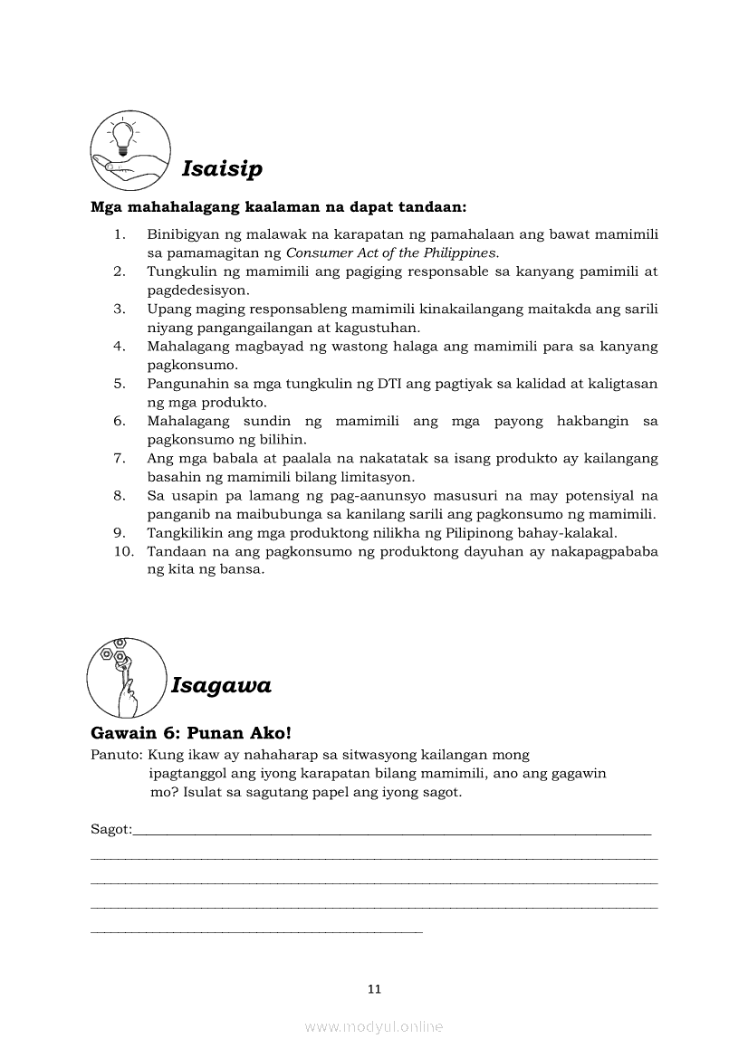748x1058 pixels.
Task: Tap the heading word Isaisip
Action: point(222,168)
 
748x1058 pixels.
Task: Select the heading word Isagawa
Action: point(221,685)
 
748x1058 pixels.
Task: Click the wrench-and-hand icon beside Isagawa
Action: point(126,678)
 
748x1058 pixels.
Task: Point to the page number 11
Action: point(374,988)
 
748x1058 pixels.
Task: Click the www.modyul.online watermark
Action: point(374,1026)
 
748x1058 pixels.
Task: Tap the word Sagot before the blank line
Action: point(110,829)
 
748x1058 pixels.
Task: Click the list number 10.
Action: point(123,551)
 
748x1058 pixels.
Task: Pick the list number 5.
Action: point(120,384)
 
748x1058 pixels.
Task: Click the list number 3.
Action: point(120,309)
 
